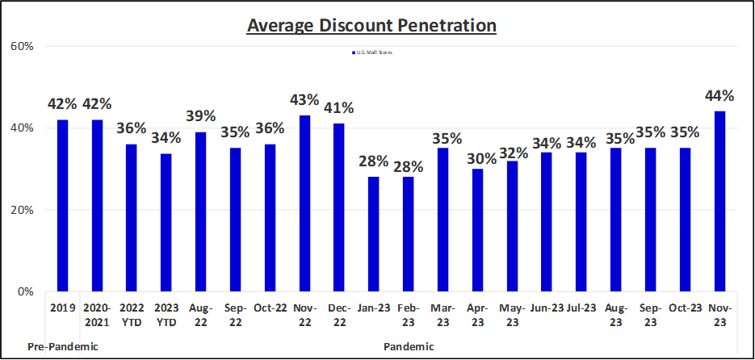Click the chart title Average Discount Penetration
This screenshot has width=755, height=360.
[371, 26]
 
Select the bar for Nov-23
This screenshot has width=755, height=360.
[719, 202]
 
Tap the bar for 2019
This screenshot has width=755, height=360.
[62, 206]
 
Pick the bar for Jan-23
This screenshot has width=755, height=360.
[373, 234]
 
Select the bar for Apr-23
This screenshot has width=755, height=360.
[477, 230]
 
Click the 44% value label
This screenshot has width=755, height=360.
[719, 95]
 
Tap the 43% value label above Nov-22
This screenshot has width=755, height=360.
[304, 100]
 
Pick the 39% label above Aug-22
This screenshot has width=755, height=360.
[200, 117]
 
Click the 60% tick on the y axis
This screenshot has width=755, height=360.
[22, 47]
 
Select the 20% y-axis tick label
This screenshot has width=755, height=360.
[22, 210]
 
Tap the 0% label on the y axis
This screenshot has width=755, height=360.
[25, 291]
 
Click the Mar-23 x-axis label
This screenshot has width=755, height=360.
[443, 314]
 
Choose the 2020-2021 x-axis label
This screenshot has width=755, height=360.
[97, 314]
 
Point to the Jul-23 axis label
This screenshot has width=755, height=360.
[581, 308]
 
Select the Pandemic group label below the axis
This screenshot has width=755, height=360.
[408, 346]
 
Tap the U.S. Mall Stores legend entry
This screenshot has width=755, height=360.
[373, 52]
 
